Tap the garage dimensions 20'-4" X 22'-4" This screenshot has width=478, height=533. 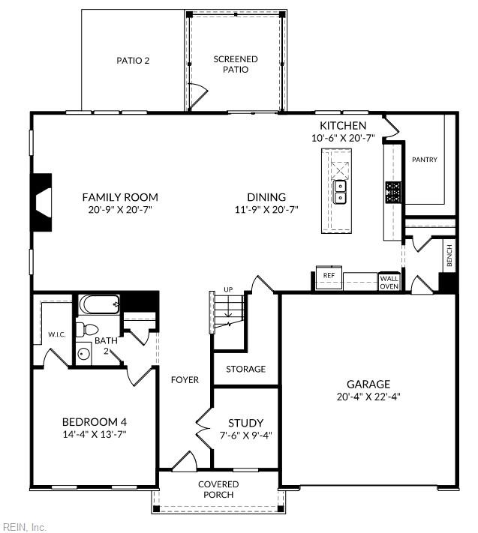point(368,397)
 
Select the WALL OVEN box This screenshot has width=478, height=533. point(389,281)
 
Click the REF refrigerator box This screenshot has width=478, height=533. point(328,276)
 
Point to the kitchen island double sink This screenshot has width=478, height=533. point(340,192)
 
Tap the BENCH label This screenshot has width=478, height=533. point(449,256)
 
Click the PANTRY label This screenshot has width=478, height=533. point(424,160)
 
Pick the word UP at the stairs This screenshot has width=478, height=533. point(228,289)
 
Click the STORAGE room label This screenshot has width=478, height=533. point(246,369)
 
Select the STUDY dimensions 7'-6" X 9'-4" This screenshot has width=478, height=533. point(245,436)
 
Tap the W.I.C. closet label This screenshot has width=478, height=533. point(57,334)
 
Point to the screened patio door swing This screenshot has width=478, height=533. point(196,96)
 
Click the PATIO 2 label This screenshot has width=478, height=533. point(133,61)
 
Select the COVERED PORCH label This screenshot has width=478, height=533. point(218,490)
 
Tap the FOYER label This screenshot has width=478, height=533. point(185,380)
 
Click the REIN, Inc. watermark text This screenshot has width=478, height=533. point(25,527)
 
